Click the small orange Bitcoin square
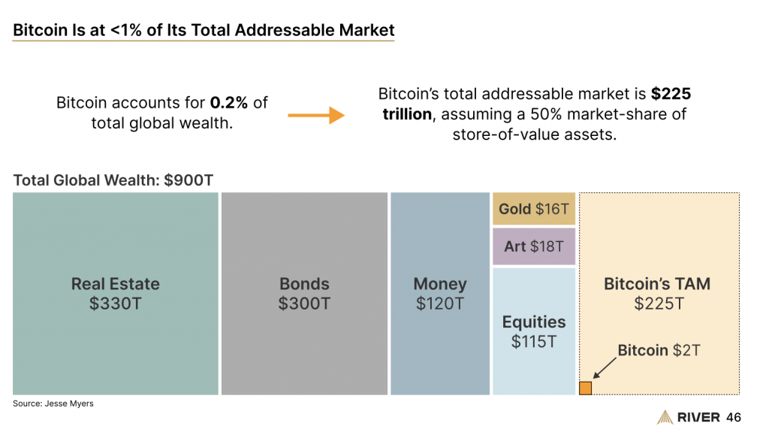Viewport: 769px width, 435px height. (586, 388)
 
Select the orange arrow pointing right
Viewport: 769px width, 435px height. (315, 116)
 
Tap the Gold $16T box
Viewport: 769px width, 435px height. (534, 209)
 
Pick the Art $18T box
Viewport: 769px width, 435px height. (534, 246)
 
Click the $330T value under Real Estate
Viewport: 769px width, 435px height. (116, 304)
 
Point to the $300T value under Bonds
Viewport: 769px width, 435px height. (304, 304)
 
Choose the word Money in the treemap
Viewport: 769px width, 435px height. (440, 284)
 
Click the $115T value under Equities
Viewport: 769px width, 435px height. (534, 341)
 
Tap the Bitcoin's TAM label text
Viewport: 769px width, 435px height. (657, 284)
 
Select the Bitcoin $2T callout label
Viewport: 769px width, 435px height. (658, 350)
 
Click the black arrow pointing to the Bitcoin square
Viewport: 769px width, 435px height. (605, 368)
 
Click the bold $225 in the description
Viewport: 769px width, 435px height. (671, 95)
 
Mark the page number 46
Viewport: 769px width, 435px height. (734, 417)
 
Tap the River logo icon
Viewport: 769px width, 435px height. (665, 417)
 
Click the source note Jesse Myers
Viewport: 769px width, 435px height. (53, 403)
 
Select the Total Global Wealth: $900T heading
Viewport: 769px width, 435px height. (113, 180)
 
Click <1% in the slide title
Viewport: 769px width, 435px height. (134, 30)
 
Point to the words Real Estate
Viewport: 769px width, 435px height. (116, 284)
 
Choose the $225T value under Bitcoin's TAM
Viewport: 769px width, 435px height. (658, 304)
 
